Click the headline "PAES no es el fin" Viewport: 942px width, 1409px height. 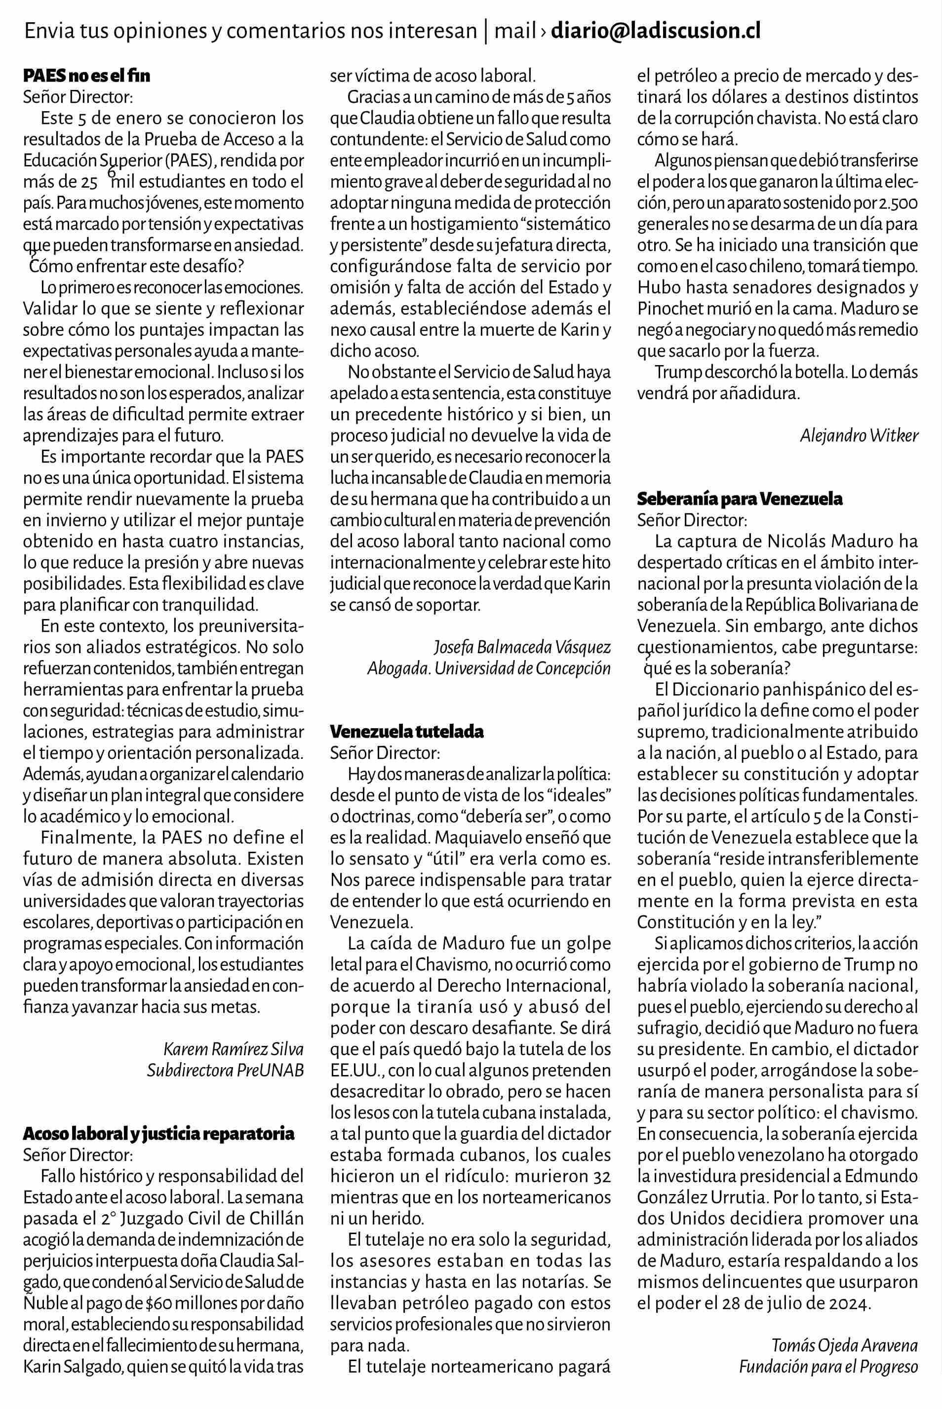[x=86, y=77]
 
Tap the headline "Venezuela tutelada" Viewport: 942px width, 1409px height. [x=407, y=732]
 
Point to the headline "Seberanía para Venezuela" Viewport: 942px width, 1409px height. [x=740, y=499]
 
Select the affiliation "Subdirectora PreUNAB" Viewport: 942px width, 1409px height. [x=225, y=1071]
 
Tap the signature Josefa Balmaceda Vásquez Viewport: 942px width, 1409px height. [x=522, y=647]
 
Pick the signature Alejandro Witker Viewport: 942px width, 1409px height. [x=859, y=436]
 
